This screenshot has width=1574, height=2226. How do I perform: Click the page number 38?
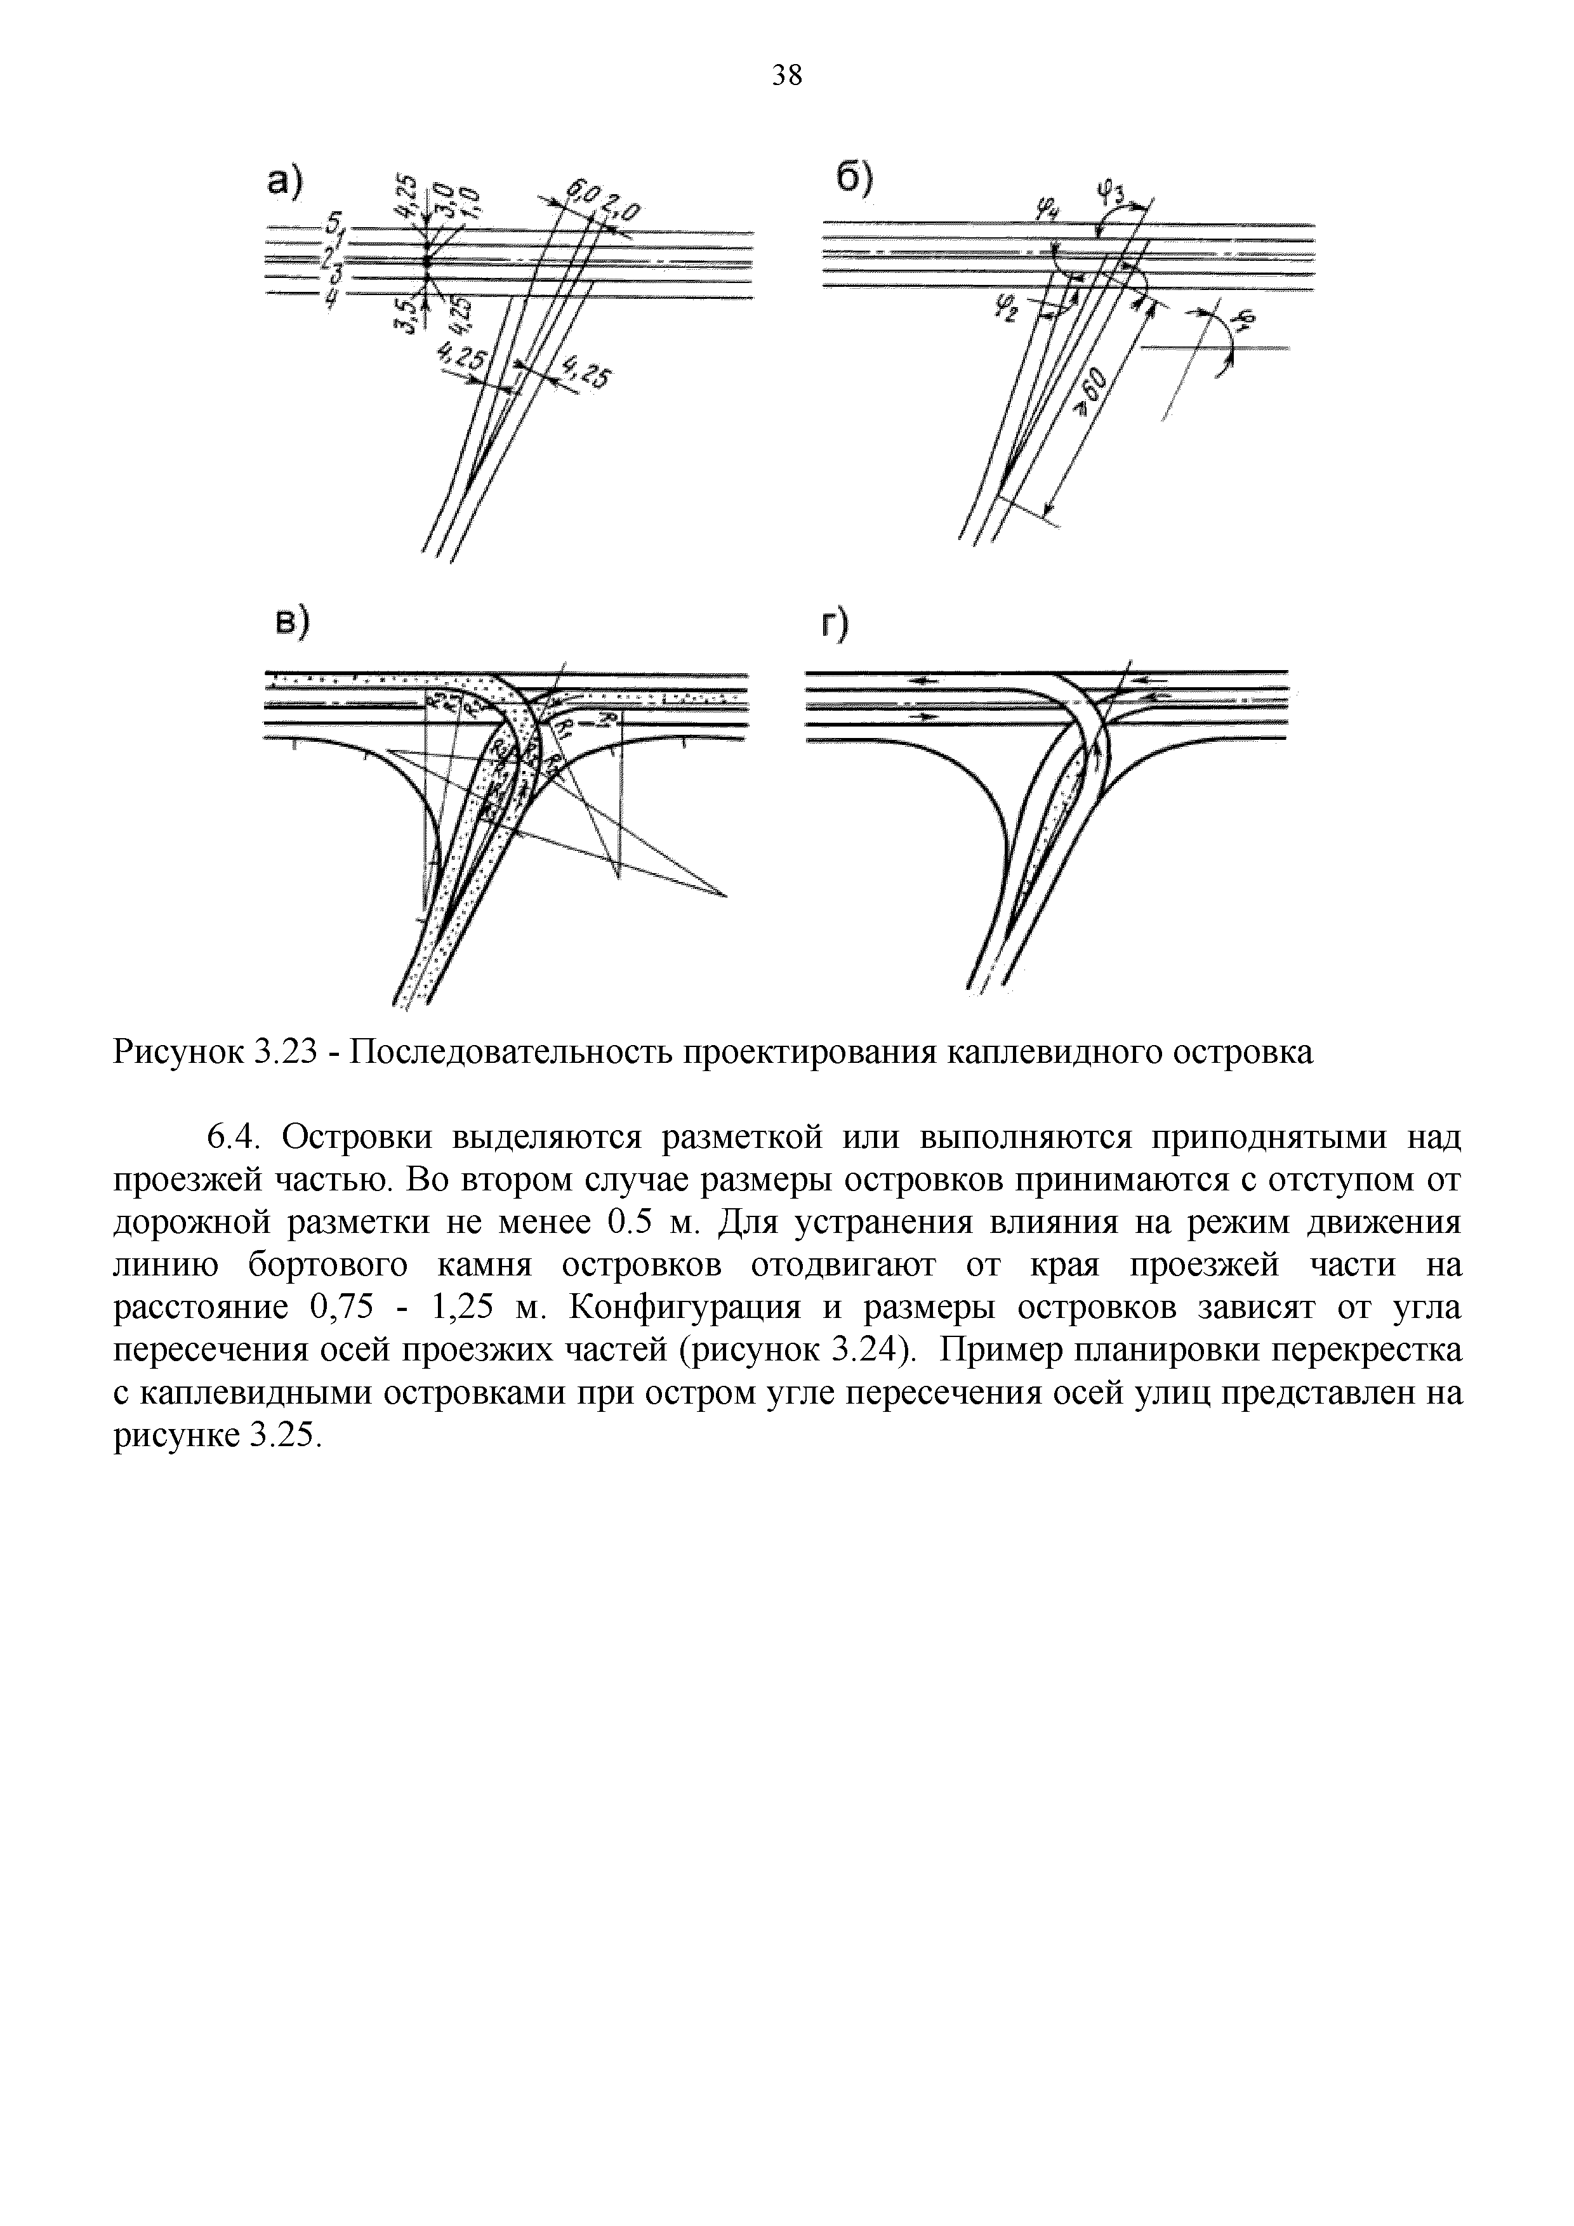tap(786, 75)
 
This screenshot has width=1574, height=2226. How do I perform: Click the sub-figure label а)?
tap(287, 183)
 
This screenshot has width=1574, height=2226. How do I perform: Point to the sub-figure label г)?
tap(831, 624)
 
